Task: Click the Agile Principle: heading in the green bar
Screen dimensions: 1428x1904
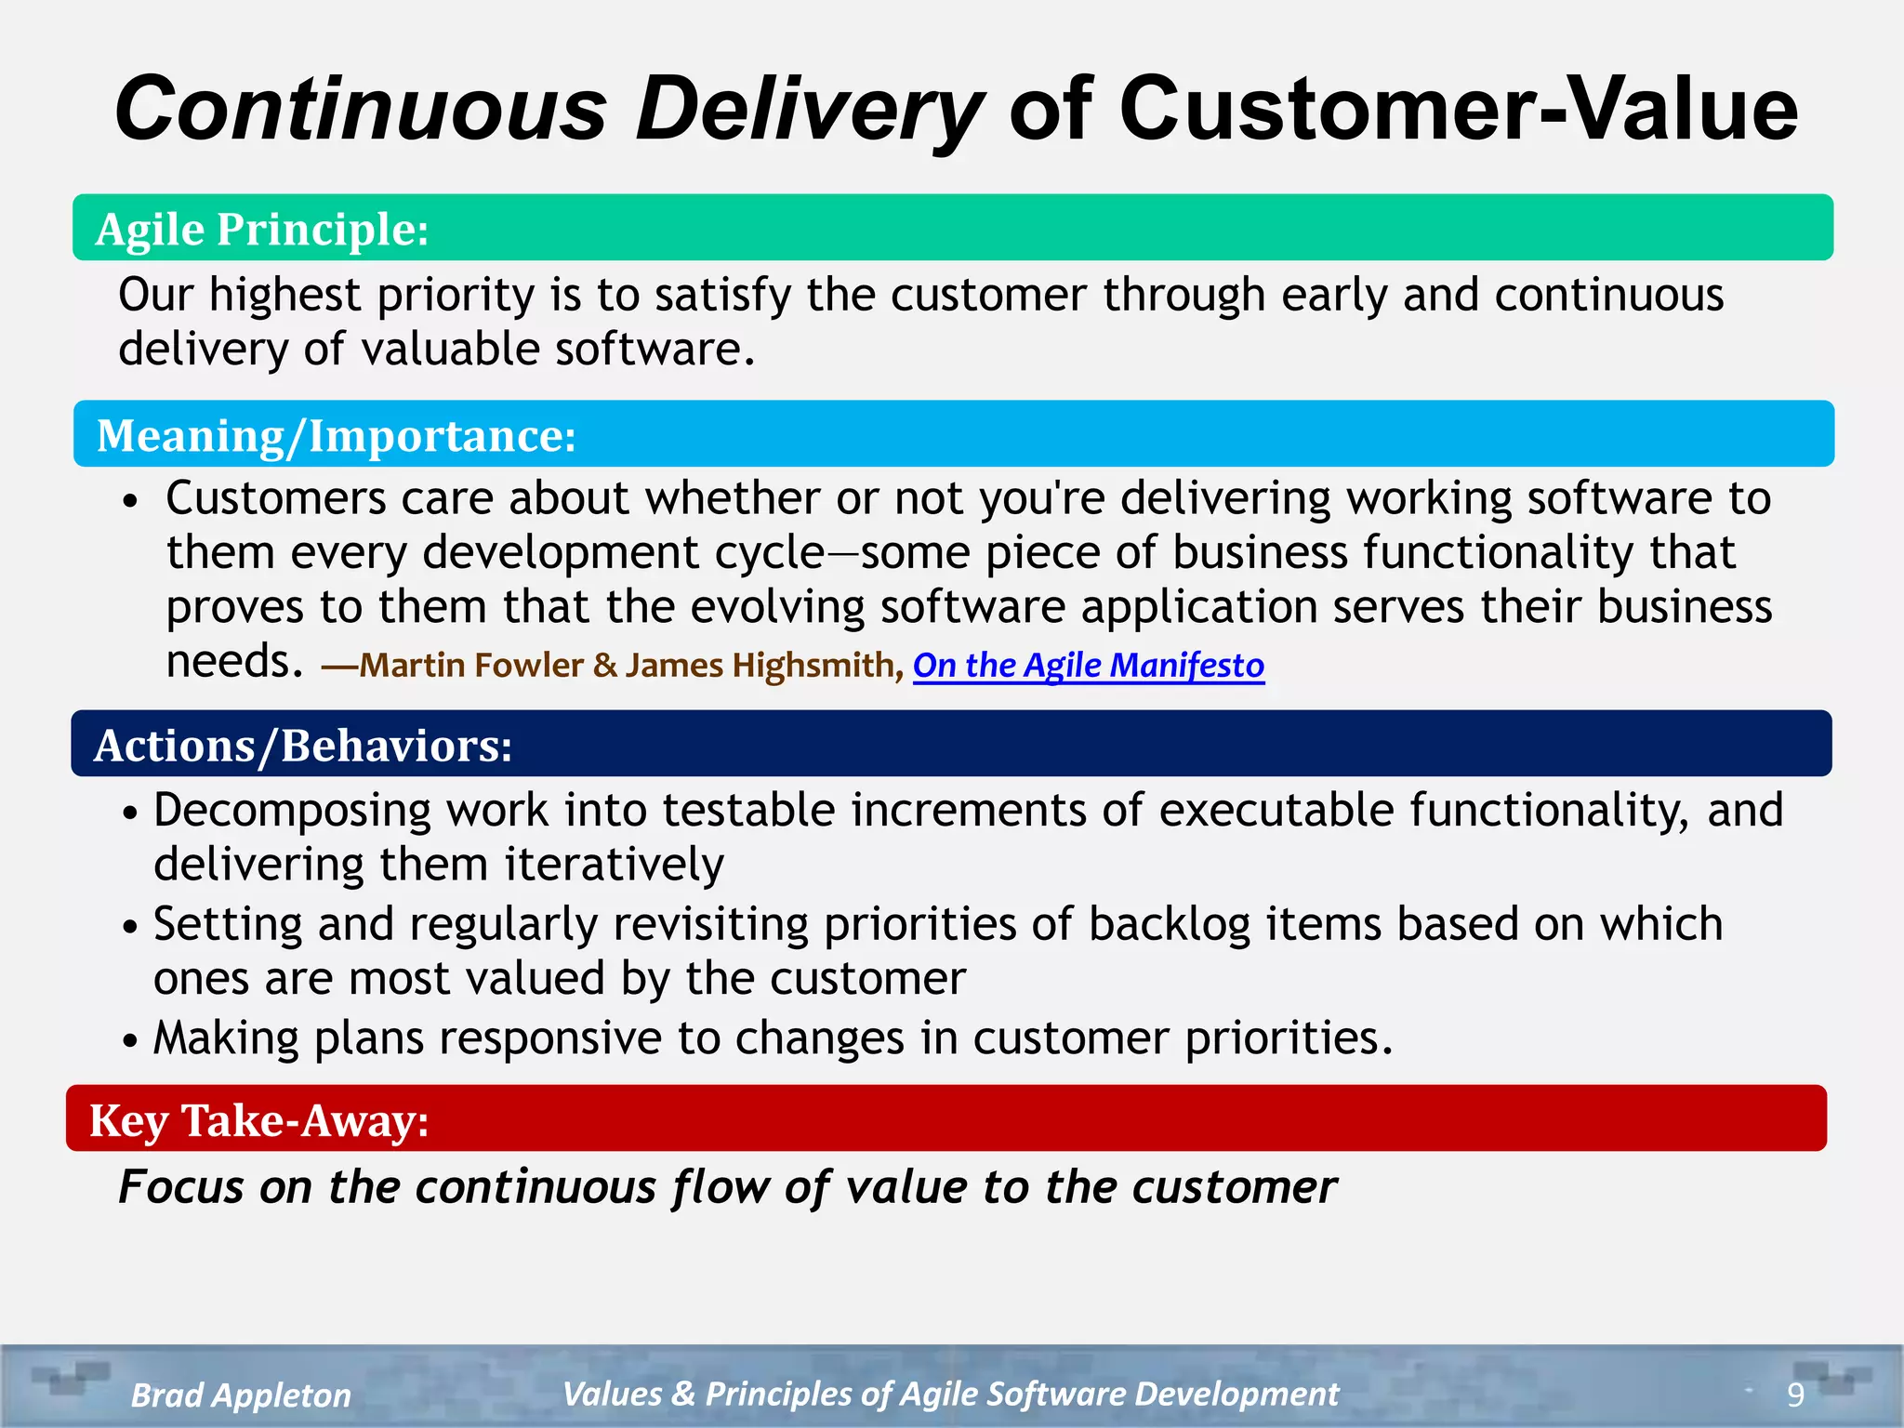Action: click(x=262, y=229)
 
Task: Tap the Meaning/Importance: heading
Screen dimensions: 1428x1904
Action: click(x=336, y=435)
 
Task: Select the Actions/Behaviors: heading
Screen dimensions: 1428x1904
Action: click(x=303, y=745)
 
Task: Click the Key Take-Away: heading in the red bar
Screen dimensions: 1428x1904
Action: click(x=258, y=1119)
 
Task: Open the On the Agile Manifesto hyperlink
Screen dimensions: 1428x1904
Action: click(x=1088, y=666)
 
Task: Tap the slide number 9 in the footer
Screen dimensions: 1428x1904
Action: click(x=1795, y=1395)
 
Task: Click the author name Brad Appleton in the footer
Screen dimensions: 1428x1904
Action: click(x=241, y=1395)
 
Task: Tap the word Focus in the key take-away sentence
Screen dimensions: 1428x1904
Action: click(x=181, y=1187)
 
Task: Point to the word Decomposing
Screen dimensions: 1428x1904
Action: click(x=292, y=811)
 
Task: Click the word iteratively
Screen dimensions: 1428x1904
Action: click(x=615, y=865)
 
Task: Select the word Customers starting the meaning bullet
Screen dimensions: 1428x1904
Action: click(x=275, y=498)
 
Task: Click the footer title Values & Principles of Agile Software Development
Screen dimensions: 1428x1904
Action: click(x=950, y=1394)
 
